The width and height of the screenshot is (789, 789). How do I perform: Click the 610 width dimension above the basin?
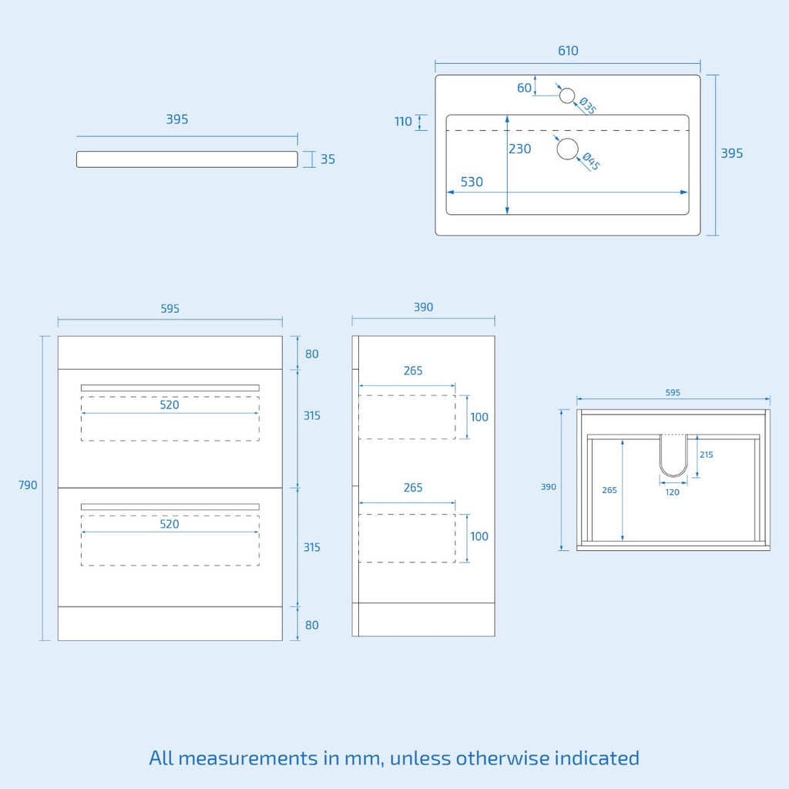click(568, 51)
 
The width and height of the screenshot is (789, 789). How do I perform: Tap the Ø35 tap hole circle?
click(567, 96)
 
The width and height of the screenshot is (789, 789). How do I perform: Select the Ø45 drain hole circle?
click(568, 149)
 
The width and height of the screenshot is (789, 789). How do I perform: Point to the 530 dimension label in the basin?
click(472, 182)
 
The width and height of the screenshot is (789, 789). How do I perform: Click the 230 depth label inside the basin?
click(520, 149)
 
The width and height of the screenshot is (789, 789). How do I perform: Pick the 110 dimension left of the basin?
click(403, 121)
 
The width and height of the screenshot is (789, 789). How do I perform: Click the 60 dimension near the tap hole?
click(524, 88)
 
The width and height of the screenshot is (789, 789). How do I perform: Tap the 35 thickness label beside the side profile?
click(327, 159)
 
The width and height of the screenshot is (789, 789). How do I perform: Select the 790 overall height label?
click(28, 485)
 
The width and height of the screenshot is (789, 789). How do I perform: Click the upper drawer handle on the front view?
click(170, 388)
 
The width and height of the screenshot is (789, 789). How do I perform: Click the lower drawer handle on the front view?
click(170, 507)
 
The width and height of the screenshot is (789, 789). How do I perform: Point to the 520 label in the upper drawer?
click(170, 405)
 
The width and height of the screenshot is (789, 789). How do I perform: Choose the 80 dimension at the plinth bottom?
click(312, 625)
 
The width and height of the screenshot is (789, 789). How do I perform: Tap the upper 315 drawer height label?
click(312, 415)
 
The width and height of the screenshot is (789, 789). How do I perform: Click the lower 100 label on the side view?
click(479, 536)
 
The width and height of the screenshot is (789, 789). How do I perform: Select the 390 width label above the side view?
click(424, 307)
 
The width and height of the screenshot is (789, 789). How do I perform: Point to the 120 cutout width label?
click(672, 492)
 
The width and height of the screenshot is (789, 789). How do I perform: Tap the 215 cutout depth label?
click(707, 455)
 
